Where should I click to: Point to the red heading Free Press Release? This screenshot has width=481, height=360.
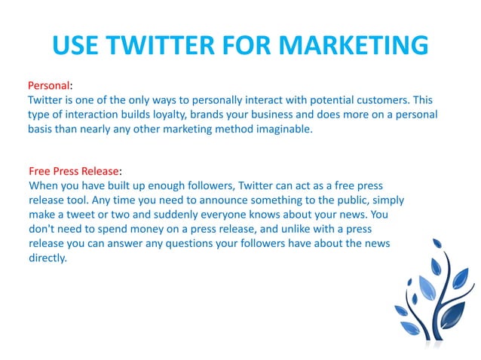coord(73,171)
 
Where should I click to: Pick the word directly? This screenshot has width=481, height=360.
coord(48,258)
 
